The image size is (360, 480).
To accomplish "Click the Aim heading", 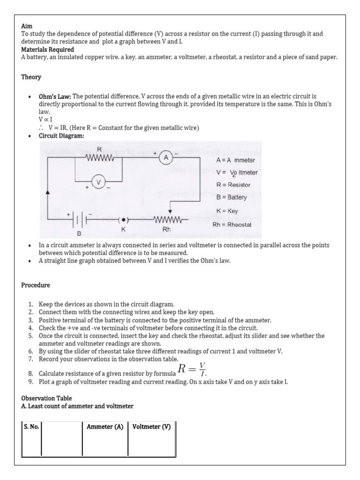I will (27, 27).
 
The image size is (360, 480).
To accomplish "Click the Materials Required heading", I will (47, 49).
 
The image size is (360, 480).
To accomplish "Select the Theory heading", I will (31, 77).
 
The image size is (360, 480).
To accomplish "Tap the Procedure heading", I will (36, 285).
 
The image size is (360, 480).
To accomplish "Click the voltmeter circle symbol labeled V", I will (98, 182).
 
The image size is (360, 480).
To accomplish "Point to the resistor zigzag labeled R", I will (100, 158).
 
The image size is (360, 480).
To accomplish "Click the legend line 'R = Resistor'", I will (233, 185).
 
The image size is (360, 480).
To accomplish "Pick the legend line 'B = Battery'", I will (232, 197).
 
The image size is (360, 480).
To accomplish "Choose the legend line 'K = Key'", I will (227, 211).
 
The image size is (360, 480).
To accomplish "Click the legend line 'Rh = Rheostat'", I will (234, 224).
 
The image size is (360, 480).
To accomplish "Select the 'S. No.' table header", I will (31, 427).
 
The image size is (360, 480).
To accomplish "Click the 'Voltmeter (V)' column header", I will (151, 427).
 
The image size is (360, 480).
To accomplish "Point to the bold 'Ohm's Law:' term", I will (55, 96).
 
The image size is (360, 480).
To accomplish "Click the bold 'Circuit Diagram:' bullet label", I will (62, 136).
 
